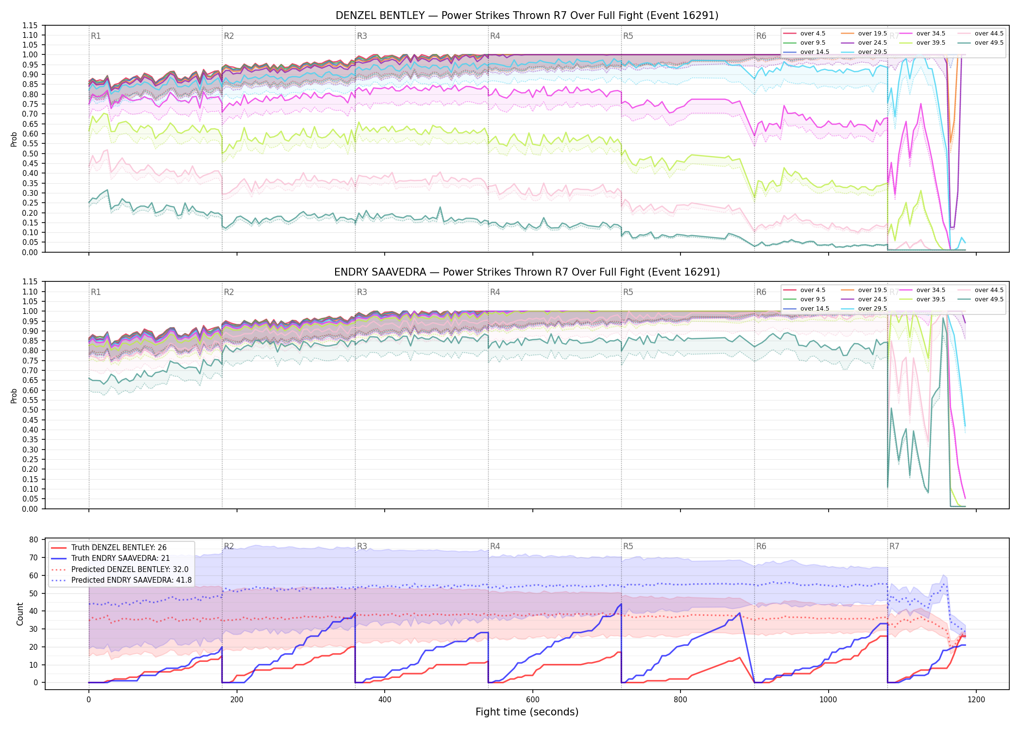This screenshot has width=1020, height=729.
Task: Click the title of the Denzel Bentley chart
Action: pyautogui.click(x=527, y=16)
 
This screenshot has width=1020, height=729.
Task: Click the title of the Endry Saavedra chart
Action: pyautogui.click(x=527, y=272)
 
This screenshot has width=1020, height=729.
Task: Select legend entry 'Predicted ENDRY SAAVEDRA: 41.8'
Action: pyautogui.click(x=121, y=580)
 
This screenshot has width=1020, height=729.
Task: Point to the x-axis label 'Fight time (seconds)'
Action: pyautogui.click(x=527, y=712)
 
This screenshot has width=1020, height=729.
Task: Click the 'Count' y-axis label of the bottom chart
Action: pyautogui.click(x=20, y=614)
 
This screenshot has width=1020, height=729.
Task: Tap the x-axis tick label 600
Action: pyautogui.click(x=532, y=700)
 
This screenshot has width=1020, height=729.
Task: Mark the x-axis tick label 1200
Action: pyautogui.click(x=976, y=700)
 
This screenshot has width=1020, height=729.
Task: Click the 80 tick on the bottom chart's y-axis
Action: pyautogui.click(x=34, y=540)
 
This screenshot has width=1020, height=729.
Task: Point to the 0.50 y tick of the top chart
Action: pyautogui.click(x=30, y=154)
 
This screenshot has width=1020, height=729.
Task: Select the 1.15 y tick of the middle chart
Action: pyautogui.click(x=30, y=282)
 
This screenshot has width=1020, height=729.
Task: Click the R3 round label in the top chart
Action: pyautogui.click(x=362, y=36)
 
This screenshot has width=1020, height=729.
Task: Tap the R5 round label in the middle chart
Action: pyautogui.click(x=628, y=292)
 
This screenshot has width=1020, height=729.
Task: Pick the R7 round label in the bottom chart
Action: pyautogui.click(x=894, y=546)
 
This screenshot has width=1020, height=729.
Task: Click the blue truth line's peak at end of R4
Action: pyautogui.click(x=621, y=604)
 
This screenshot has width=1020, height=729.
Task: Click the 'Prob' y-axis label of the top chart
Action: pyautogui.click(x=14, y=139)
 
